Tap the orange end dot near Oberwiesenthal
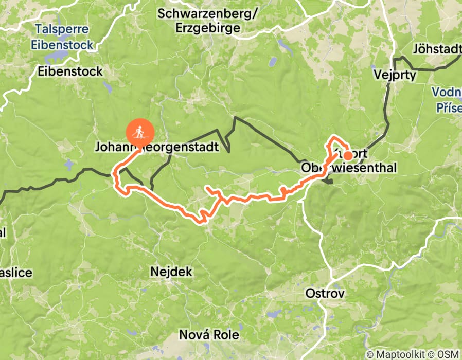point(348,156)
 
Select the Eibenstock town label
point(70,72)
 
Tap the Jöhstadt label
point(436,49)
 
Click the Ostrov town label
point(325,293)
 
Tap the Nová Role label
point(209,335)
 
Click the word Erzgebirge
point(207,28)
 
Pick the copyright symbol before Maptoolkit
point(370,354)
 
